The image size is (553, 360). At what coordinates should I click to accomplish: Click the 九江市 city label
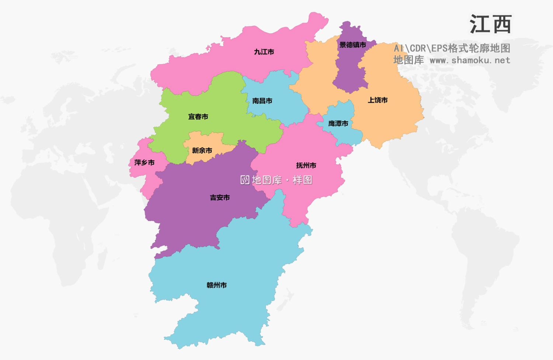click(x=264, y=52)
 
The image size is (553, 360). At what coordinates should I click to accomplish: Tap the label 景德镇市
click(x=352, y=45)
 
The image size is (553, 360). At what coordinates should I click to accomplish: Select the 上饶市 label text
click(x=378, y=100)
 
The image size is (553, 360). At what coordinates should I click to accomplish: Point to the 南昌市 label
click(x=262, y=101)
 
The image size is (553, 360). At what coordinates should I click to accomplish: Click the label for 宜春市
click(x=198, y=117)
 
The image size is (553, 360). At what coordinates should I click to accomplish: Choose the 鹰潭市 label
click(x=338, y=124)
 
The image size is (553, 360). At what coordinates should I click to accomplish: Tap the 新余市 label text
click(x=202, y=151)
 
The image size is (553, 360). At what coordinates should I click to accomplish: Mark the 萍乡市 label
click(x=145, y=162)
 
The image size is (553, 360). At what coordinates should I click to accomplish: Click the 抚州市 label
click(x=306, y=165)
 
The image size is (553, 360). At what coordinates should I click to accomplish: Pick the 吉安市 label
click(x=220, y=198)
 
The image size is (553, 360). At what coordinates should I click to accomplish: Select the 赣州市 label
click(x=217, y=285)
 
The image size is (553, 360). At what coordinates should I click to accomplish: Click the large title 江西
click(x=490, y=25)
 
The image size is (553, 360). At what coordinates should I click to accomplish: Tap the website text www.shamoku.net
click(x=470, y=60)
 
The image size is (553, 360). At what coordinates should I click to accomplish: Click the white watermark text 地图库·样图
click(x=282, y=180)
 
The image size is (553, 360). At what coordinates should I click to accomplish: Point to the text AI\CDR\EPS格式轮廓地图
click(x=452, y=48)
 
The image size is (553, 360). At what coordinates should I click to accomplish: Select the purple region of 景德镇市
click(x=348, y=70)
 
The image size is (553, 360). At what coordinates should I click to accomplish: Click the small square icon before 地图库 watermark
click(x=245, y=180)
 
